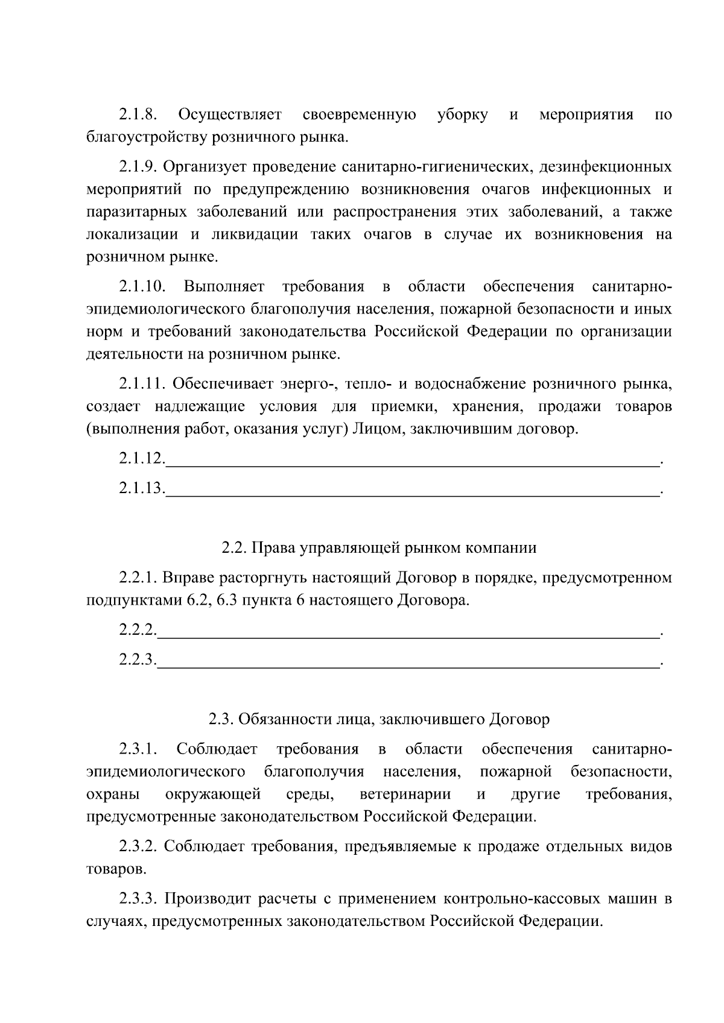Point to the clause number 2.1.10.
pos(142,286)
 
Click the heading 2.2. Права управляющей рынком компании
pos(379,548)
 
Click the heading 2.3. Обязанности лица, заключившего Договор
pos(379,719)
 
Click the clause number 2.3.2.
pos(138,847)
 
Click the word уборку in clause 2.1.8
pos(462,115)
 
